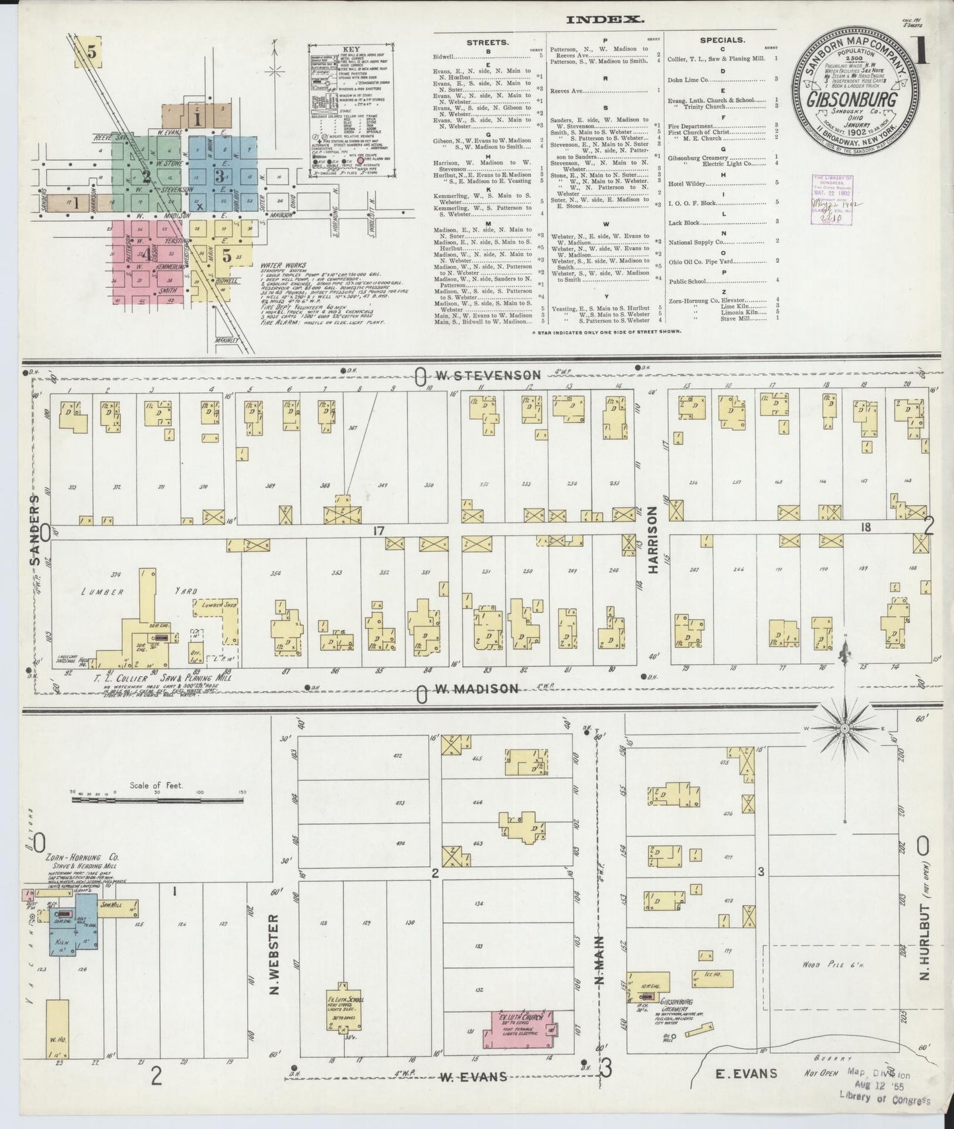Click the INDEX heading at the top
pos(605,20)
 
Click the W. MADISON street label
pos(477,689)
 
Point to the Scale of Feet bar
pos(157,799)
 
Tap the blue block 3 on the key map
pos(221,175)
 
